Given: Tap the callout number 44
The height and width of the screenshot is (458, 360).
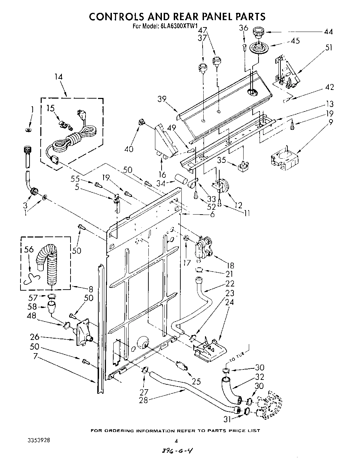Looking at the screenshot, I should [x=328, y=32].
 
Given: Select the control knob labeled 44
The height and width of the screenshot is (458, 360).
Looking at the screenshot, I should [x=258, y=32].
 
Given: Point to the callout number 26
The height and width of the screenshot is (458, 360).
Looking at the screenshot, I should [x=35, y=336].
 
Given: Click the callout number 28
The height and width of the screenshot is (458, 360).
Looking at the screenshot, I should [x=143, y=400].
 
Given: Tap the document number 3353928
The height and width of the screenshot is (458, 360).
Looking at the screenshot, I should [x=39, y=440].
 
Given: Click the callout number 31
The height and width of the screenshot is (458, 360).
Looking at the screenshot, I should [x=227, y=419].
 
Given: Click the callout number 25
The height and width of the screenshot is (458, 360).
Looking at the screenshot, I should [x=196, y=382].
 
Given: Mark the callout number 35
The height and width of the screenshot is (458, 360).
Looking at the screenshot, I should [x=222, y=160].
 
